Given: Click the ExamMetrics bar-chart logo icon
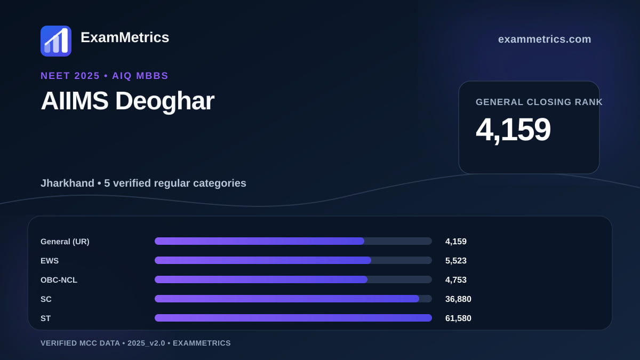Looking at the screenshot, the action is coord(56,41).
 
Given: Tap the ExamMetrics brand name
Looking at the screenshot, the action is coord(125,37).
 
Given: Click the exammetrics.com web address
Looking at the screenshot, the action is coord(545,39).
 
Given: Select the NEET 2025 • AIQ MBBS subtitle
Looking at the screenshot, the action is coord(105,76).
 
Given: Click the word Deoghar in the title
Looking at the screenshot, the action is coord(165,101).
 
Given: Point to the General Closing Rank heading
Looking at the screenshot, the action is coord(539,102).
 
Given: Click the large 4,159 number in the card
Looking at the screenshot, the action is coord(513,130).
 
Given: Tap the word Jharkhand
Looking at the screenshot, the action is coord(67,183).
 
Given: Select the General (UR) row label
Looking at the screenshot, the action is coord(65,242).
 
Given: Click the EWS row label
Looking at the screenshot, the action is coord(50,261).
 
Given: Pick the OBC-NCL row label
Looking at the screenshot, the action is coord(59,280).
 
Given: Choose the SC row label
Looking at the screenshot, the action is coord(46,299).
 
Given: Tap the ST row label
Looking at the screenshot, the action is coord(45,318).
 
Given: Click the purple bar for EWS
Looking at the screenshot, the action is coord(263,260).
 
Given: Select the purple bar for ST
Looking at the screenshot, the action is coord(293,318).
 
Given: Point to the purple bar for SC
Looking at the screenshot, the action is coord(287,299).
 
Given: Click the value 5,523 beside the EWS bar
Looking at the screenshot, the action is coord(455,261).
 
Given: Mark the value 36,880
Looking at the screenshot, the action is coord(458,299).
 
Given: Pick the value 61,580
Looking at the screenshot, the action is coord(458,318).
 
